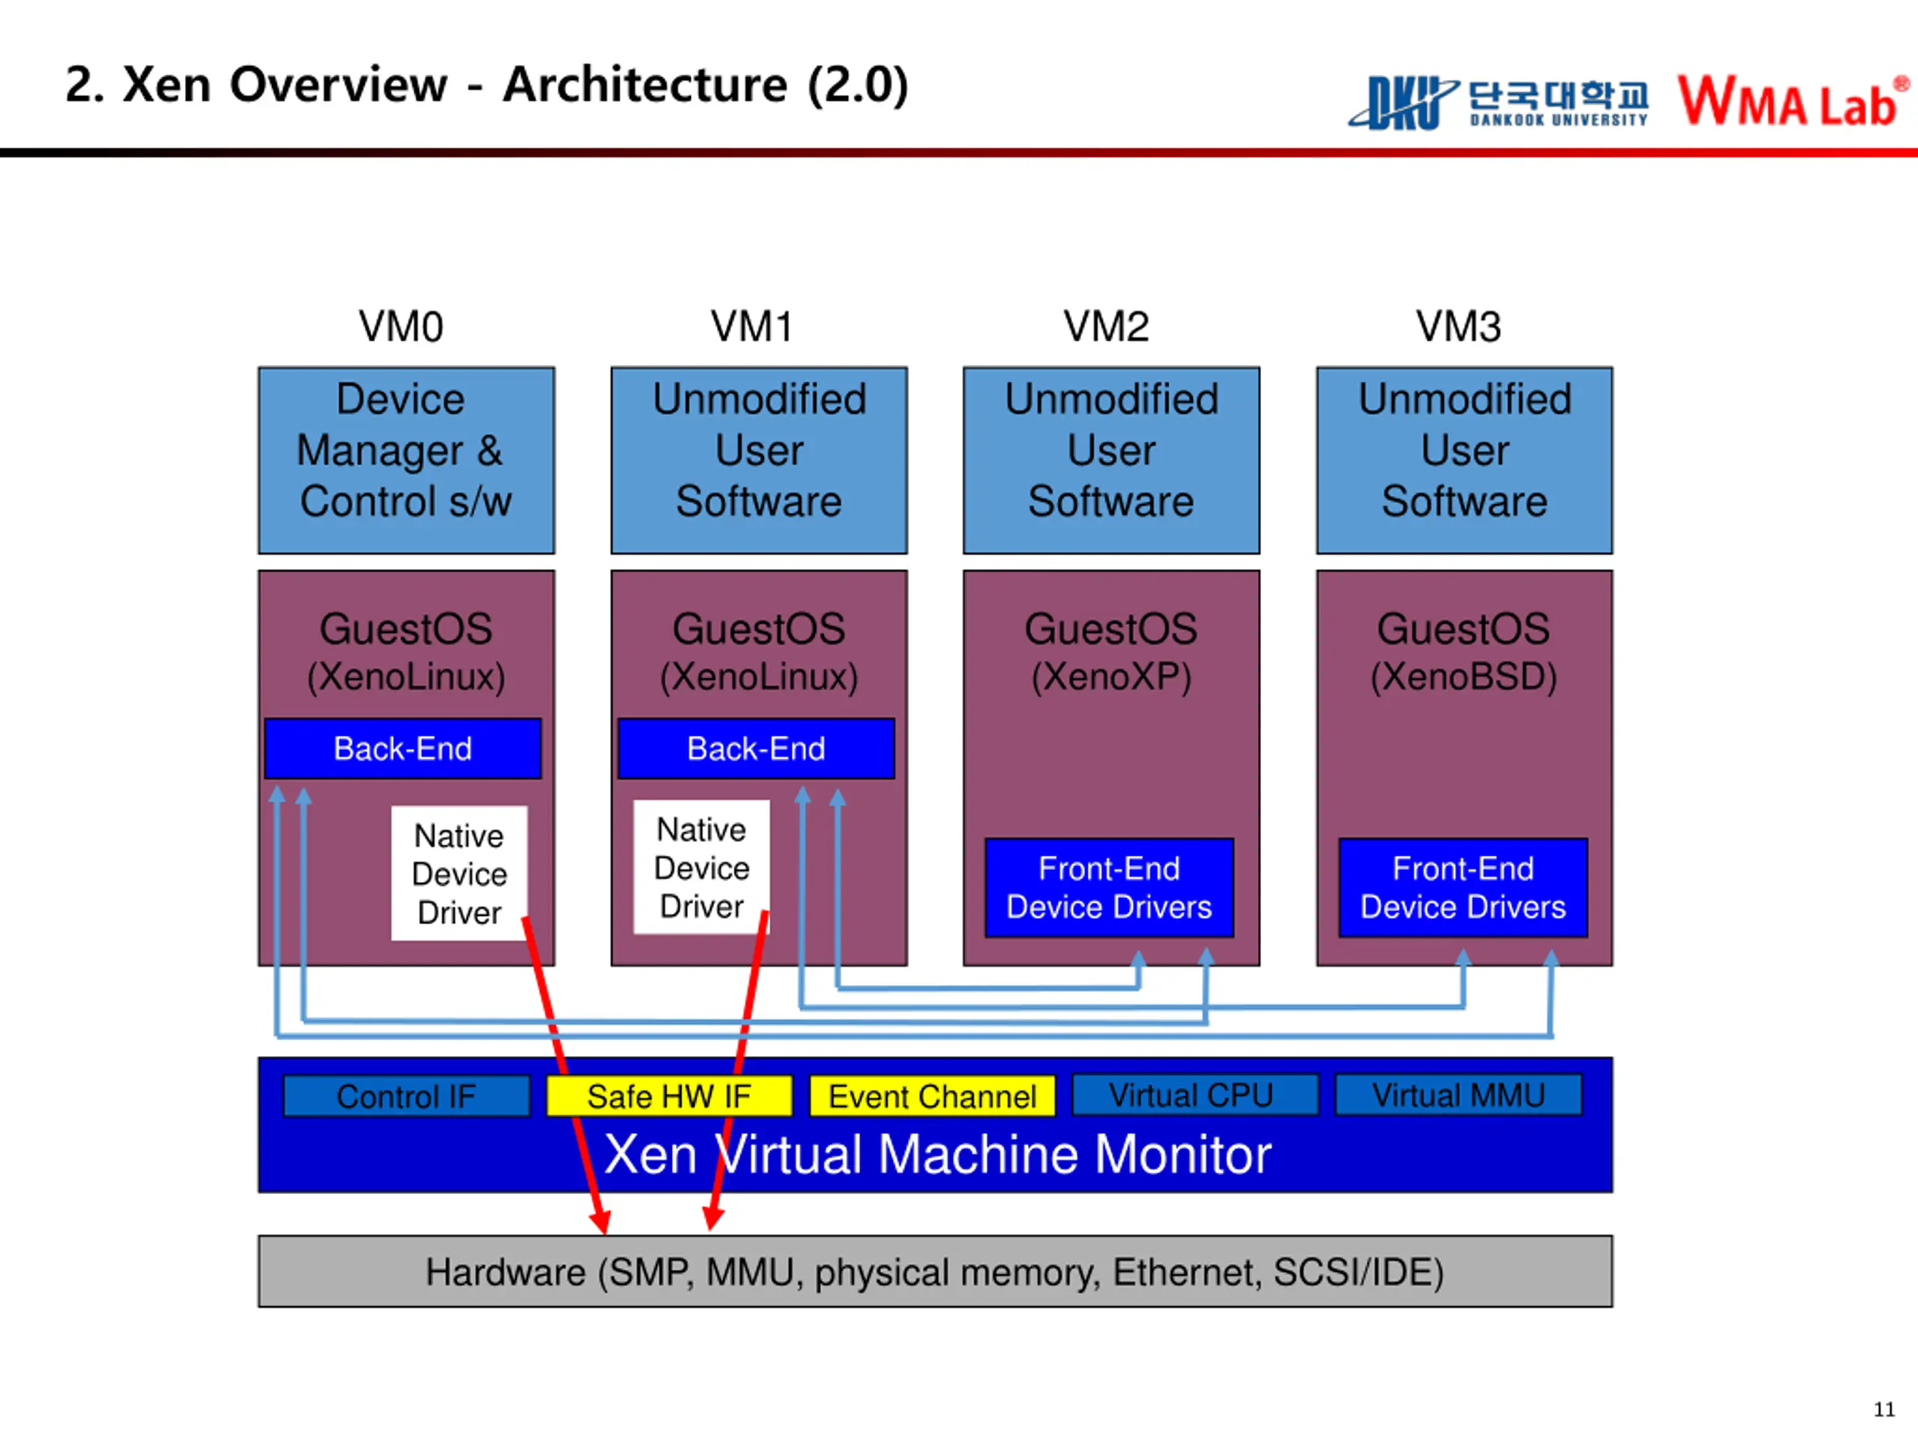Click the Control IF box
click(407, 1096)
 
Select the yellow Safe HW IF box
click(668, 1096)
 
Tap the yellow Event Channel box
click(932, 1096)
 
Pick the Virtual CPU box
click(1195, 1095)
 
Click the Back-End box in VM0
click(403, 749)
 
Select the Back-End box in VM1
click(756, 749)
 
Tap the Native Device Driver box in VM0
click(459, 873)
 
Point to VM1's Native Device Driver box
click(701, 867)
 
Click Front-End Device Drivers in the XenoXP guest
click(1109, 887)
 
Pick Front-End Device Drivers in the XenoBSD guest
click(1462, 887)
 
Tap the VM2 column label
click(1107, 327)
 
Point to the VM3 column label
click(1459, 327)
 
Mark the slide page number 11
click(1884, 1408)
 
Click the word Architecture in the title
click(645, 85)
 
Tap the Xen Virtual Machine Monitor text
click(937, 1154)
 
